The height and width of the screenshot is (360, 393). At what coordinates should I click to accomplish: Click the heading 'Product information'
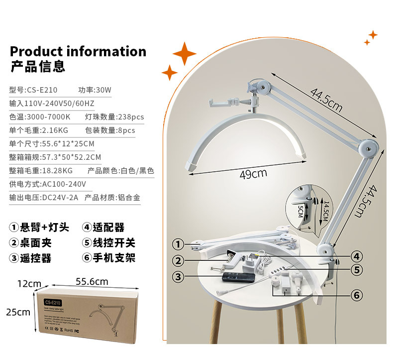point(78,52)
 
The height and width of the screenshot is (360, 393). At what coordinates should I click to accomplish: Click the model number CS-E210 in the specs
point(42,90)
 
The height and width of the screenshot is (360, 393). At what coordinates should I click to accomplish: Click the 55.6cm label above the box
point(92,281)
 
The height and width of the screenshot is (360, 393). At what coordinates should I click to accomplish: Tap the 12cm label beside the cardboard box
point(29,284)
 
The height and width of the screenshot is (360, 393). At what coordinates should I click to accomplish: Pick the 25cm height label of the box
point(18,312)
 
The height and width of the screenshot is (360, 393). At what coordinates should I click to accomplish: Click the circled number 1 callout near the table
point(177,244)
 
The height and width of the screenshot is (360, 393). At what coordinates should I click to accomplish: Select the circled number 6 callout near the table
point(356,295)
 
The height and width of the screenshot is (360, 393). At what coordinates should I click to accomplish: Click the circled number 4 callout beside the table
point(356,256)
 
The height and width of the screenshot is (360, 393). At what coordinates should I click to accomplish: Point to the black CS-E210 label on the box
point(52,302)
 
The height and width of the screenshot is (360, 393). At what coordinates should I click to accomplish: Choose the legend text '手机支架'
point(114,258)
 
